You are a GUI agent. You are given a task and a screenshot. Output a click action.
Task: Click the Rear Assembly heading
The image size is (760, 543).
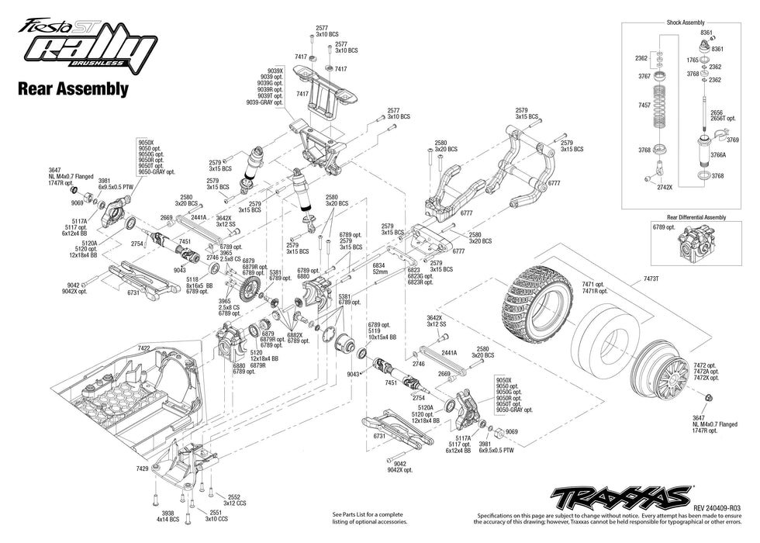tap(72, 88)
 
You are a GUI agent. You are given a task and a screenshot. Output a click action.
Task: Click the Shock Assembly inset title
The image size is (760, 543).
tap(686, 22)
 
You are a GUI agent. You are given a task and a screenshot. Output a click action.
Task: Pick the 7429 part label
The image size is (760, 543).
tap(142, 469)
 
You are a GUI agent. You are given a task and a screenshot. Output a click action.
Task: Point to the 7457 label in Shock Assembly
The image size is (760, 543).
tap(642, 104)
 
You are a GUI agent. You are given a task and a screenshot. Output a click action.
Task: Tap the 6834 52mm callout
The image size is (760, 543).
tap(378, 268)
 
